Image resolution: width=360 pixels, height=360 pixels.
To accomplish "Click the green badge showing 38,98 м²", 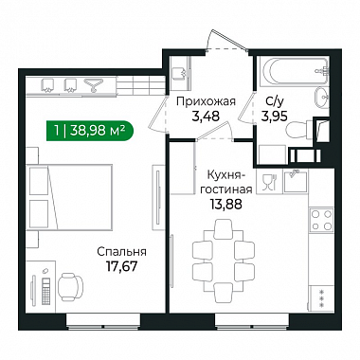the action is pyautogui.click(x=90, y=131).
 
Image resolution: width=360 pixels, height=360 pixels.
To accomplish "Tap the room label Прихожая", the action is pyautogui.click(x=206, y=101).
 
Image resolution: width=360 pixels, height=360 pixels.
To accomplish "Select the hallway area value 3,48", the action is pyautogui.click(x=206, y=117).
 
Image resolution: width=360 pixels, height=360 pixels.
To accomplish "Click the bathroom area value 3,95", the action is pyautogui.click(x=274, y=117).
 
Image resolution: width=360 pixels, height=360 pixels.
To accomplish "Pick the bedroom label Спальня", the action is pyautogui.click(x=121, y=252).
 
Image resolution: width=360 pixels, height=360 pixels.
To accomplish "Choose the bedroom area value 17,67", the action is pyautogui.click(x=121, y=267).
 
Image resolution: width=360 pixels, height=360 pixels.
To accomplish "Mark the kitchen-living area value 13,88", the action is pyautogui.click(x=226, y=205).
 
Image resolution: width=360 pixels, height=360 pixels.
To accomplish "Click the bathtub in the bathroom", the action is pyautogui.click(x=294, y=71).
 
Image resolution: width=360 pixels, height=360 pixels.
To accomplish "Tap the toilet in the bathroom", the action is pyautogui.click(x=299, y=130).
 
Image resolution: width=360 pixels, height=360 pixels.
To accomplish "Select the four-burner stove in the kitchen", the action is pyautogui.click(x=321, y=220).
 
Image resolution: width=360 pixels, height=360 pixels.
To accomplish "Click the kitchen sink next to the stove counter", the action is pyautogui.click(x=296, y=182).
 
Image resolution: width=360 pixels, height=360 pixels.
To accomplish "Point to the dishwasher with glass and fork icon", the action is pyautogui.click(x=269, y=182).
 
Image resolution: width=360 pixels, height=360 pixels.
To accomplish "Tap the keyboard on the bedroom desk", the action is pyautogui.click(x=46, y=291).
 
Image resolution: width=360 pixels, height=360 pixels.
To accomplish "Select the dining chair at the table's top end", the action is pyautogui.click(x=224, y=226).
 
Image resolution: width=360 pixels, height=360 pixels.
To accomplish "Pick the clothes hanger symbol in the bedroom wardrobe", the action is pyautogui.click(x=93, y=85).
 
